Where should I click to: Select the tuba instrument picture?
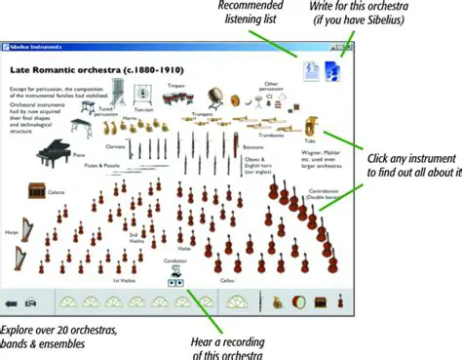[x=312, y=129]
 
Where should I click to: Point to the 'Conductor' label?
[x=175, y=261]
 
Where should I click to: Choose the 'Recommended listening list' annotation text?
[x=248, y=13]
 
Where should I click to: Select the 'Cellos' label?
[x=227, y=280]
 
